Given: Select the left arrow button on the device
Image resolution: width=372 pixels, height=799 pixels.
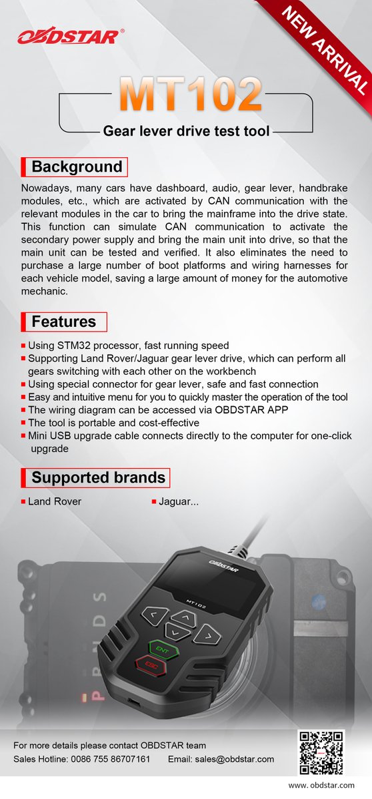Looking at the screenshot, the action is tap(155, 614).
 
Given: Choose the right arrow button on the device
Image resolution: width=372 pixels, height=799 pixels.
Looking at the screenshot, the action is tap(207, 635).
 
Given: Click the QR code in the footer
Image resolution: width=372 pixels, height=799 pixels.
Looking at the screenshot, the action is tap(321, 753).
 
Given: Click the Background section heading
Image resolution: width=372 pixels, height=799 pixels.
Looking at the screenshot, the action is tap(77, 166).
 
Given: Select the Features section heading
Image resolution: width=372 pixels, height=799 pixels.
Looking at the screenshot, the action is tap(64, 322).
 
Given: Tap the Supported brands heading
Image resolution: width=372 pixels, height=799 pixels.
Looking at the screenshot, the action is tap(98, 477).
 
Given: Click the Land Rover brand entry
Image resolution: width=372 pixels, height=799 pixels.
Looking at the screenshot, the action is tap(55, 501).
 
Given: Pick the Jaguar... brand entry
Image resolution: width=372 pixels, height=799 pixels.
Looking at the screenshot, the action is tap(179, 501).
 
